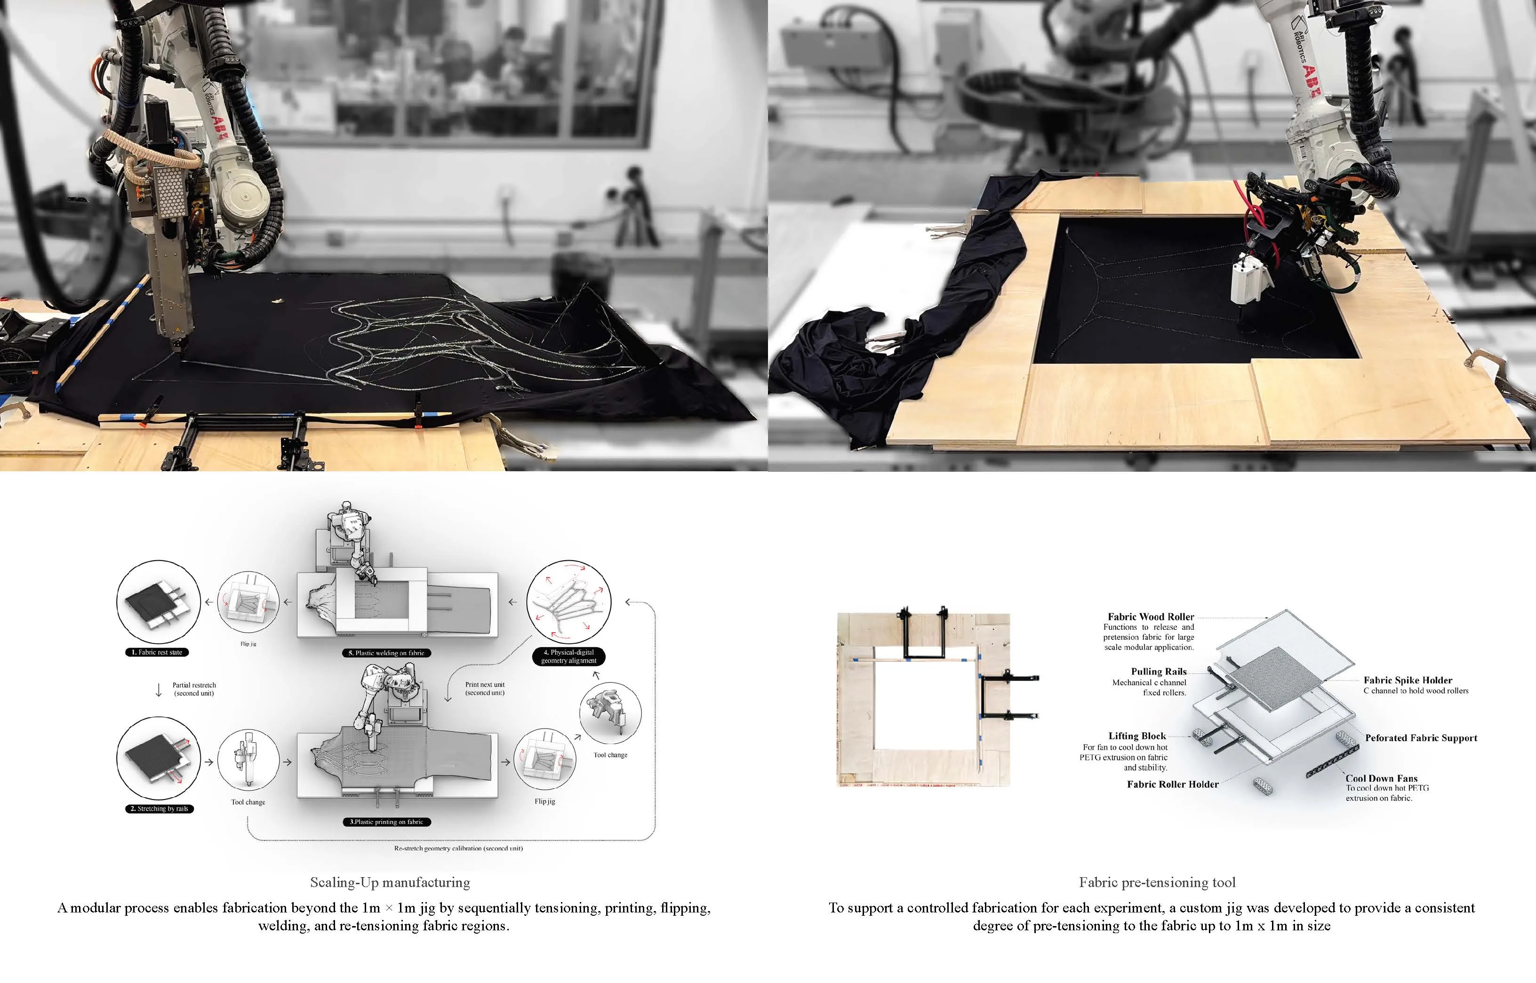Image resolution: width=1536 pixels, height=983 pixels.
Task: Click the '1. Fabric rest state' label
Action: pyautogui.click(x=157, y=652)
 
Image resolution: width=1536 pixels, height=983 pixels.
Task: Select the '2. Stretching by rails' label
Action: pyautogui.click(x=159, y=809)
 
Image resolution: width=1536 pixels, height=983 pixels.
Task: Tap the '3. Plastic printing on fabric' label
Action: pyautogui.click(x=386, y=822)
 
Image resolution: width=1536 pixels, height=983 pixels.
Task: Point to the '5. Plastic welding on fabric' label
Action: pyautogui.click(x=386, y=653)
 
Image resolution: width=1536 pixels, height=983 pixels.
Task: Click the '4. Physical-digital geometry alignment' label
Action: pyautogui.click(x=568, y=656)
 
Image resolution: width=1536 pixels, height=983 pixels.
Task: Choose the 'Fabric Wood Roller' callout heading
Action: pyautogui.click(x=1150, y=617)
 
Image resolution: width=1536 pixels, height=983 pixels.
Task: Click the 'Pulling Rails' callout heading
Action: pyautogui.click(x=1159, y=672)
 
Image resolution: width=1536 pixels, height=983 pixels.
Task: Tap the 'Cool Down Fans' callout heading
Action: pyautogui.click(x=1381, y=778)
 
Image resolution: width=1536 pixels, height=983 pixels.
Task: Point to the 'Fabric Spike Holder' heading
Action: pyautogui.click(x=1408, y=681)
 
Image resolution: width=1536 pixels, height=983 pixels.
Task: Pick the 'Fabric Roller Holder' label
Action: pyautogui.click(x=1173, y=785)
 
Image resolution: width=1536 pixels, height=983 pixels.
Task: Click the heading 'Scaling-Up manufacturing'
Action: pyautogui.click(x=390, y=883)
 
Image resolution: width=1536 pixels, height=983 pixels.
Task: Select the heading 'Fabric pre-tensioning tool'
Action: pyautogui.click(x=1157, y=883)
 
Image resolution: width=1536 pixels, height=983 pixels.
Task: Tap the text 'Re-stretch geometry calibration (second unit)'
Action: pyautogui.click(x=458, y=848)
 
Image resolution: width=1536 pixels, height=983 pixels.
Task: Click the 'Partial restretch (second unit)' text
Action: pyautogui.click(x=194, y=689)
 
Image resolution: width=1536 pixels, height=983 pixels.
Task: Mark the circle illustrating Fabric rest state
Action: pyautogui.click(x=159, y=602)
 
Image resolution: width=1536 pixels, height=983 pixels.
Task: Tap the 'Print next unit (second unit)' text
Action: pyautogui.click(x=485, y=688)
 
